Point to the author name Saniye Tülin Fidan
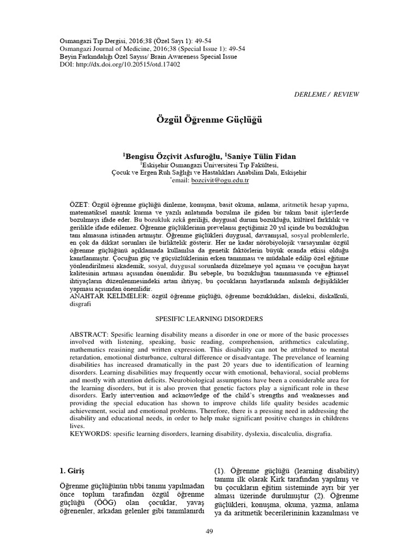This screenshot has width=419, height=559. click(262, 156)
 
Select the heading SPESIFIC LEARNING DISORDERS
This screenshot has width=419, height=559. click(209, 318)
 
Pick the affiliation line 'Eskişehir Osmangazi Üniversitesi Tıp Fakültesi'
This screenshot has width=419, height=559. click(210, 164)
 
